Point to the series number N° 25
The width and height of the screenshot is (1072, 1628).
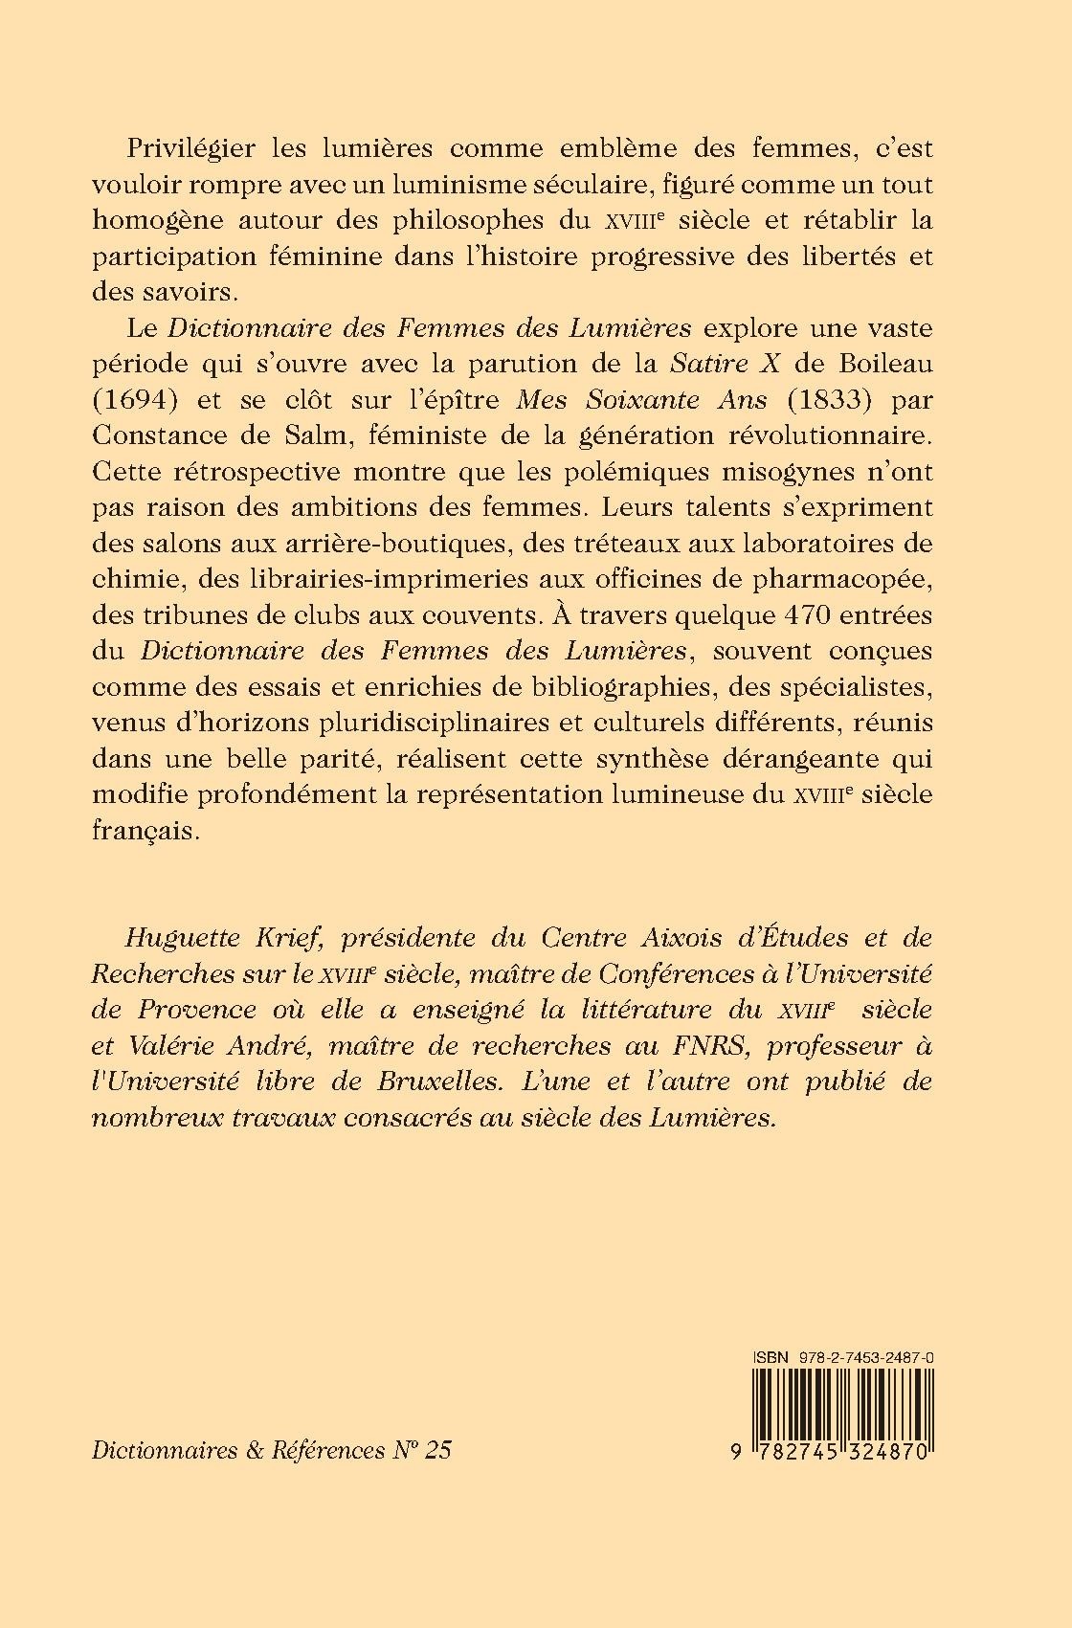[x=421, y=1449]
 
